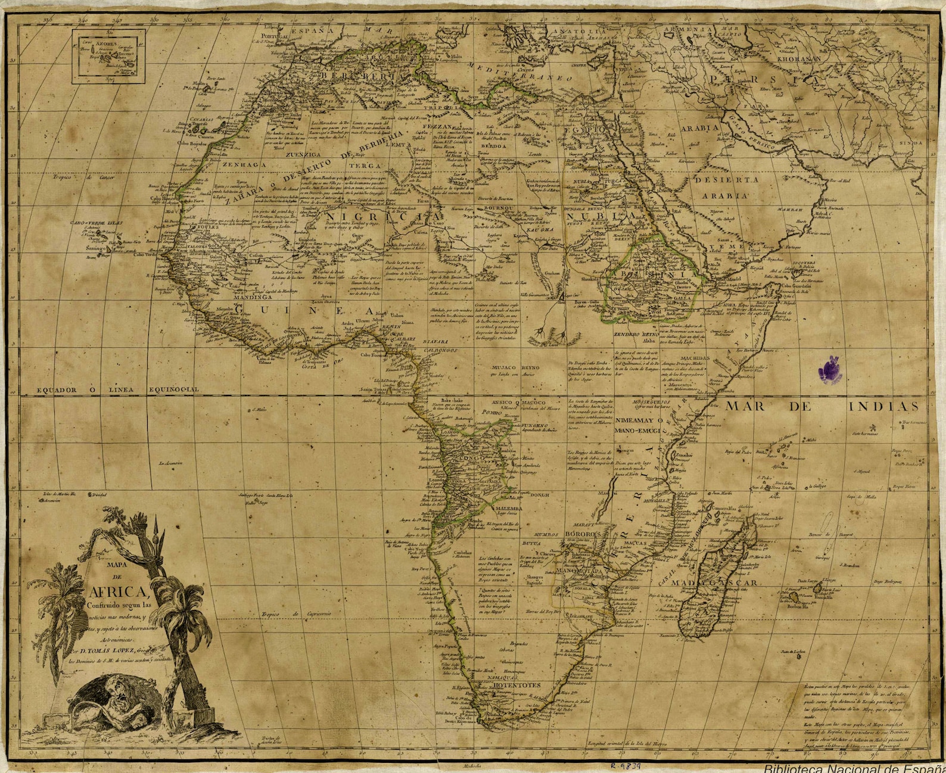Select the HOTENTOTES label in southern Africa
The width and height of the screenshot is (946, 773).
click(516, 685)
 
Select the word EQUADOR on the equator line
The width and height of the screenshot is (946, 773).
click(57, 389)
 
